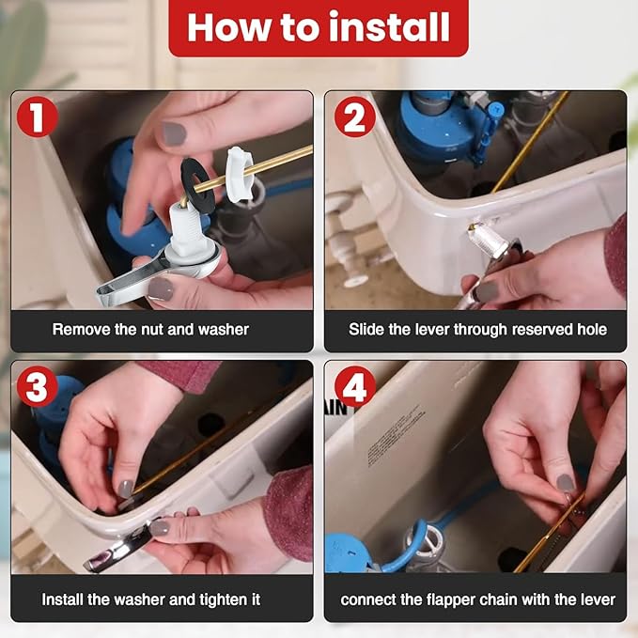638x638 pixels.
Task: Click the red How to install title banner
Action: pos(319,27)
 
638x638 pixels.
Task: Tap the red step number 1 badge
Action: pos(38,117)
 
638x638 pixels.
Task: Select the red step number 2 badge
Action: pos(354,117)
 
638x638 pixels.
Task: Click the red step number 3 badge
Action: pos(38,387)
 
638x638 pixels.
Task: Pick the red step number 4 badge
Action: pos(354,387)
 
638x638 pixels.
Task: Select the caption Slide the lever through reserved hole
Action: pos(477,330)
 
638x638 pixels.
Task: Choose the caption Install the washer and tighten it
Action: pos(150,599)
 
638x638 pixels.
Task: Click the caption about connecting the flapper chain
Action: pos(477,599)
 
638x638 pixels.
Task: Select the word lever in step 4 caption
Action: pos(596,599)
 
